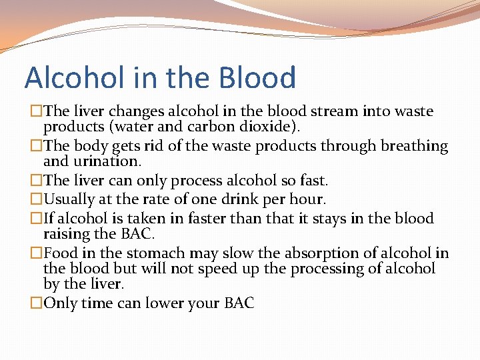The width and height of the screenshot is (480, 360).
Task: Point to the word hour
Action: (x=307, y=199)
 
